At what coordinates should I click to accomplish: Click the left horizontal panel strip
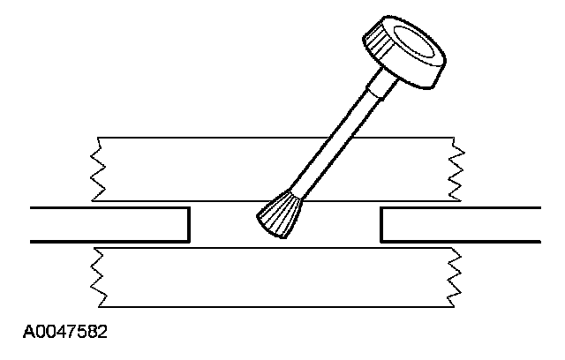tap(106, 224)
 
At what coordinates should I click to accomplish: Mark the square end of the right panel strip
tap(381, 224)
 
